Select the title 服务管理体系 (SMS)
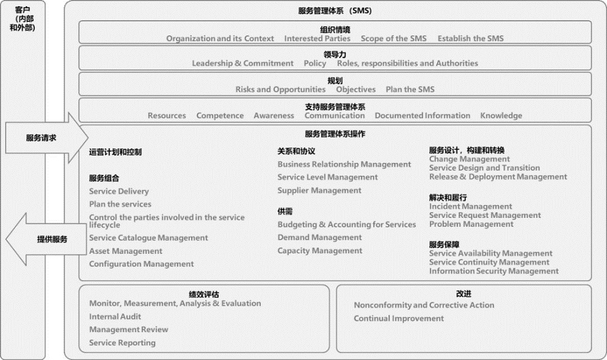click(335, 11)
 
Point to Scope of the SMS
click(394, 38)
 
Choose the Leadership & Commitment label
click(242, 63)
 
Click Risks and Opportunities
click(280, 89)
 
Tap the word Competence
click(220, 115)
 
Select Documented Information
click(423, 115)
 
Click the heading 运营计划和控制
click(115, 152)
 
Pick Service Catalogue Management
click(148, 237)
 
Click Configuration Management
click(141, 264)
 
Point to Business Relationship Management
click(344, 164)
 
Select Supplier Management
click(319, 190)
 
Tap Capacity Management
click(320, 250)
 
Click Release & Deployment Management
click(498, 177)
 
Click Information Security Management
click(494, 271)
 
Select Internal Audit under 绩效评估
click(115, 317)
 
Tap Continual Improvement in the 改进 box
click(399, 318)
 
